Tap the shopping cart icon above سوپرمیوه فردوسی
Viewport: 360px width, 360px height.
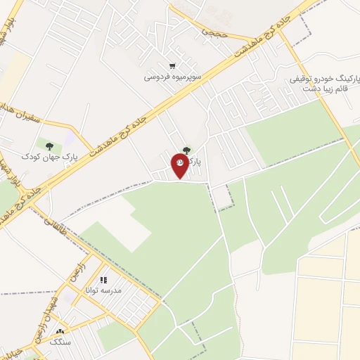point(172,65)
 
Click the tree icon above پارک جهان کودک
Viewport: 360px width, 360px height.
point(49,146)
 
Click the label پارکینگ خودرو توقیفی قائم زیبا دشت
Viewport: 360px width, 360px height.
point(316,84)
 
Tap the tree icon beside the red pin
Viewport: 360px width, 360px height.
point(186,150)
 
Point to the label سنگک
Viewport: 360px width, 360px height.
point(60,341)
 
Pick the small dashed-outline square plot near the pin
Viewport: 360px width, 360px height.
point(222,199)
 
